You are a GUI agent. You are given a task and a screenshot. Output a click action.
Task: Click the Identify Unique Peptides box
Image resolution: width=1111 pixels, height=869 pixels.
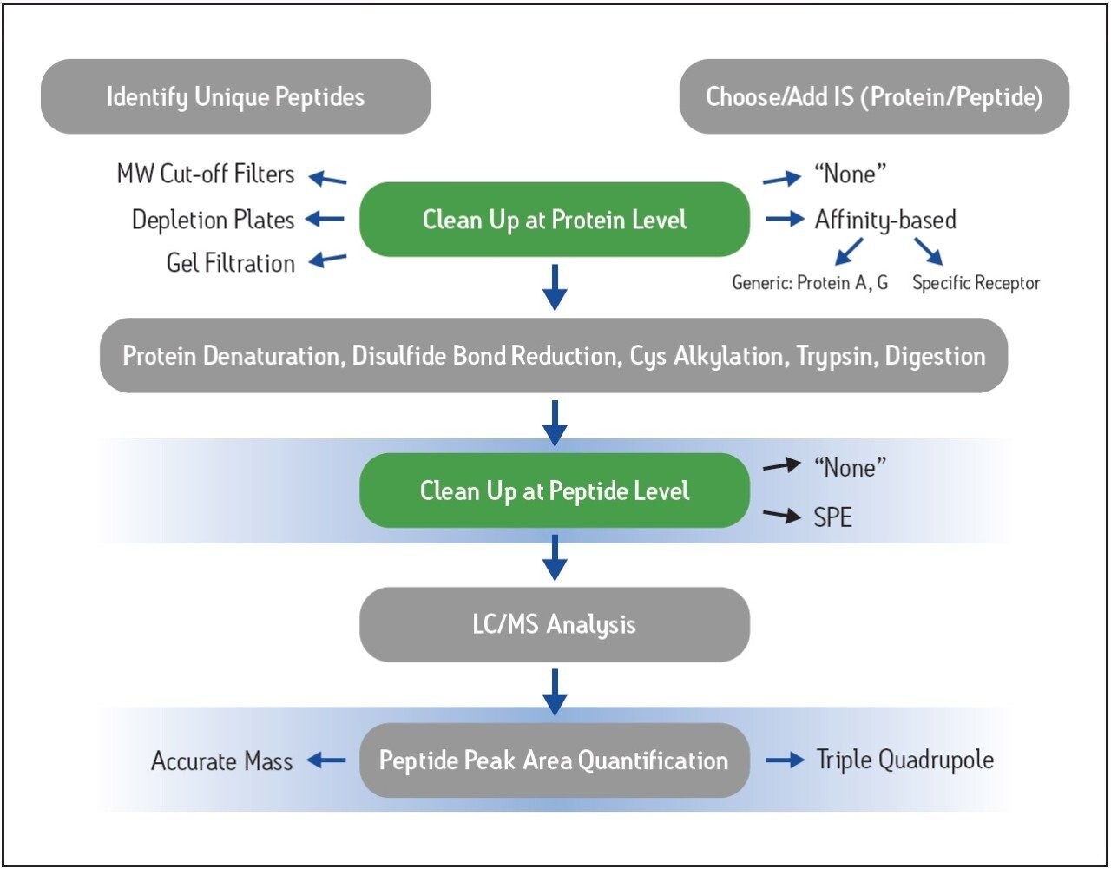(235, 96)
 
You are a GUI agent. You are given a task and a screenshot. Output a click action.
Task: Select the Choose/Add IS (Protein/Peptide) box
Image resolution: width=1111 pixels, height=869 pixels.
(874, 96)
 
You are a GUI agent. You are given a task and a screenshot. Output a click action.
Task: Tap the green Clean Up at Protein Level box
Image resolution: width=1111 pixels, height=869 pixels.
(555, 220)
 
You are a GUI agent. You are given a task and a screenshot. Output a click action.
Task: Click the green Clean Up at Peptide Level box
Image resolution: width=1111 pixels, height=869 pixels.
(555, 491)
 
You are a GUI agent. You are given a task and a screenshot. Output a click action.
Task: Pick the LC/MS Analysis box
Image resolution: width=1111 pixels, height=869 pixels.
(555, 625)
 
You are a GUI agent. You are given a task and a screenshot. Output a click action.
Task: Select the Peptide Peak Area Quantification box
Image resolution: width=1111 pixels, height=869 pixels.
(555, 760)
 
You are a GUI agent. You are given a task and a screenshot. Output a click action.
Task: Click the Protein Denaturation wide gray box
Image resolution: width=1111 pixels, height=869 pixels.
(554, 356)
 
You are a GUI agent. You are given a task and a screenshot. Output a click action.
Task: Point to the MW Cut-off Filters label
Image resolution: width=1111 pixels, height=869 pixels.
(206, 174)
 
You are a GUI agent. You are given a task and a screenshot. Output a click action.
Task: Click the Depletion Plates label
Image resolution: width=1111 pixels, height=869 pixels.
(213, 220)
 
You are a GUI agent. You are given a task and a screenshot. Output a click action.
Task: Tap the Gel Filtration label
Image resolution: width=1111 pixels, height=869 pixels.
(230, 262)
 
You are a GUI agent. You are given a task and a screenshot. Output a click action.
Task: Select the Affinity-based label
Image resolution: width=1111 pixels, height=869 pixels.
(885, 220)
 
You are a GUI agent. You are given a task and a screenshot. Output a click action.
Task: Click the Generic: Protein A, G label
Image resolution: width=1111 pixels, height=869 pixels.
(810, 283)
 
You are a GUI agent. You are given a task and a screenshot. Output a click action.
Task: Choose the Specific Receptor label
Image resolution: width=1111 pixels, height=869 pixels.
(976, 283)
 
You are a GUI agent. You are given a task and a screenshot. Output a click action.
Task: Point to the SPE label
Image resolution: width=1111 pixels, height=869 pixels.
(832, 517)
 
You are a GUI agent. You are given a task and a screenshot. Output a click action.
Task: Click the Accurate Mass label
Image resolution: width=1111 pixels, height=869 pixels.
(221, 761)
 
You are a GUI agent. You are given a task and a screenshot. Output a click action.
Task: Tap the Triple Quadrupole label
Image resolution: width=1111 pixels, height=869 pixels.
(905, 760)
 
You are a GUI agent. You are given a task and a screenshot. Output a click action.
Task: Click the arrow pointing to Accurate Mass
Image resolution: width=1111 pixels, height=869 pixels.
(326, 760)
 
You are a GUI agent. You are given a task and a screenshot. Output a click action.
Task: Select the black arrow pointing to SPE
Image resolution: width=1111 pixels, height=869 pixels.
(781, 516)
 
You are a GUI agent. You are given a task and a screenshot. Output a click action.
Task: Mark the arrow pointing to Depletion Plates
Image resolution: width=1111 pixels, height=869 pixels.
(325, 220)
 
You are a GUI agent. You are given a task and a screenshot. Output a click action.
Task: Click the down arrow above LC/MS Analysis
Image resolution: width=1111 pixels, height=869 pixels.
(555, 556)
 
